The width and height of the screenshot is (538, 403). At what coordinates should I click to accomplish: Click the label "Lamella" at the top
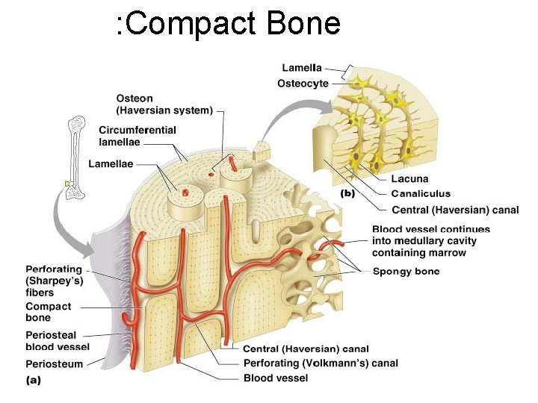(302, 68)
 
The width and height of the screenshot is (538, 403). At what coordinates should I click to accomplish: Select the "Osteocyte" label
(303, 84)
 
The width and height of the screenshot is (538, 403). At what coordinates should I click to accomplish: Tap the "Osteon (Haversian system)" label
(164, 104)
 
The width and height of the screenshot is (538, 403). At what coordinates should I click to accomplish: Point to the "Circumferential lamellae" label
(137, 136)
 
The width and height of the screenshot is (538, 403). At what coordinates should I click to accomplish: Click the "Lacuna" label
(409, 179)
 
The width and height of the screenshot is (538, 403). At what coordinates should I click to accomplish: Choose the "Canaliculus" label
(421, 194)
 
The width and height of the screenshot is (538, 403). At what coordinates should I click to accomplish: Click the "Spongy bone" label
(406, 271)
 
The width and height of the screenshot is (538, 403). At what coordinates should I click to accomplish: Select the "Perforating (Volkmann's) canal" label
(321, 363)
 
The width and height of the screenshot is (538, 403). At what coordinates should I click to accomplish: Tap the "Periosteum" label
(55, 364)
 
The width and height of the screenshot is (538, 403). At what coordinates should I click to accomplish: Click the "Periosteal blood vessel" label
(58, 341)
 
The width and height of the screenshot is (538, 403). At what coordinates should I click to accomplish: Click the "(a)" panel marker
(34, 379)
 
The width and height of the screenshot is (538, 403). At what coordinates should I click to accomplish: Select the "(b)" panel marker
(348, 193)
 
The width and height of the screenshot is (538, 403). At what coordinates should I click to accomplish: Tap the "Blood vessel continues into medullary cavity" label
(431, 241)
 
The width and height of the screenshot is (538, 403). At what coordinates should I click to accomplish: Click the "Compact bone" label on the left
(49, 312)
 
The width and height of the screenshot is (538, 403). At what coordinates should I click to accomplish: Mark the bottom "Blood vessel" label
(276, 378)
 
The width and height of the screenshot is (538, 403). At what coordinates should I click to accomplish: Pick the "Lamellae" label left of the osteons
(111, 163)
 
